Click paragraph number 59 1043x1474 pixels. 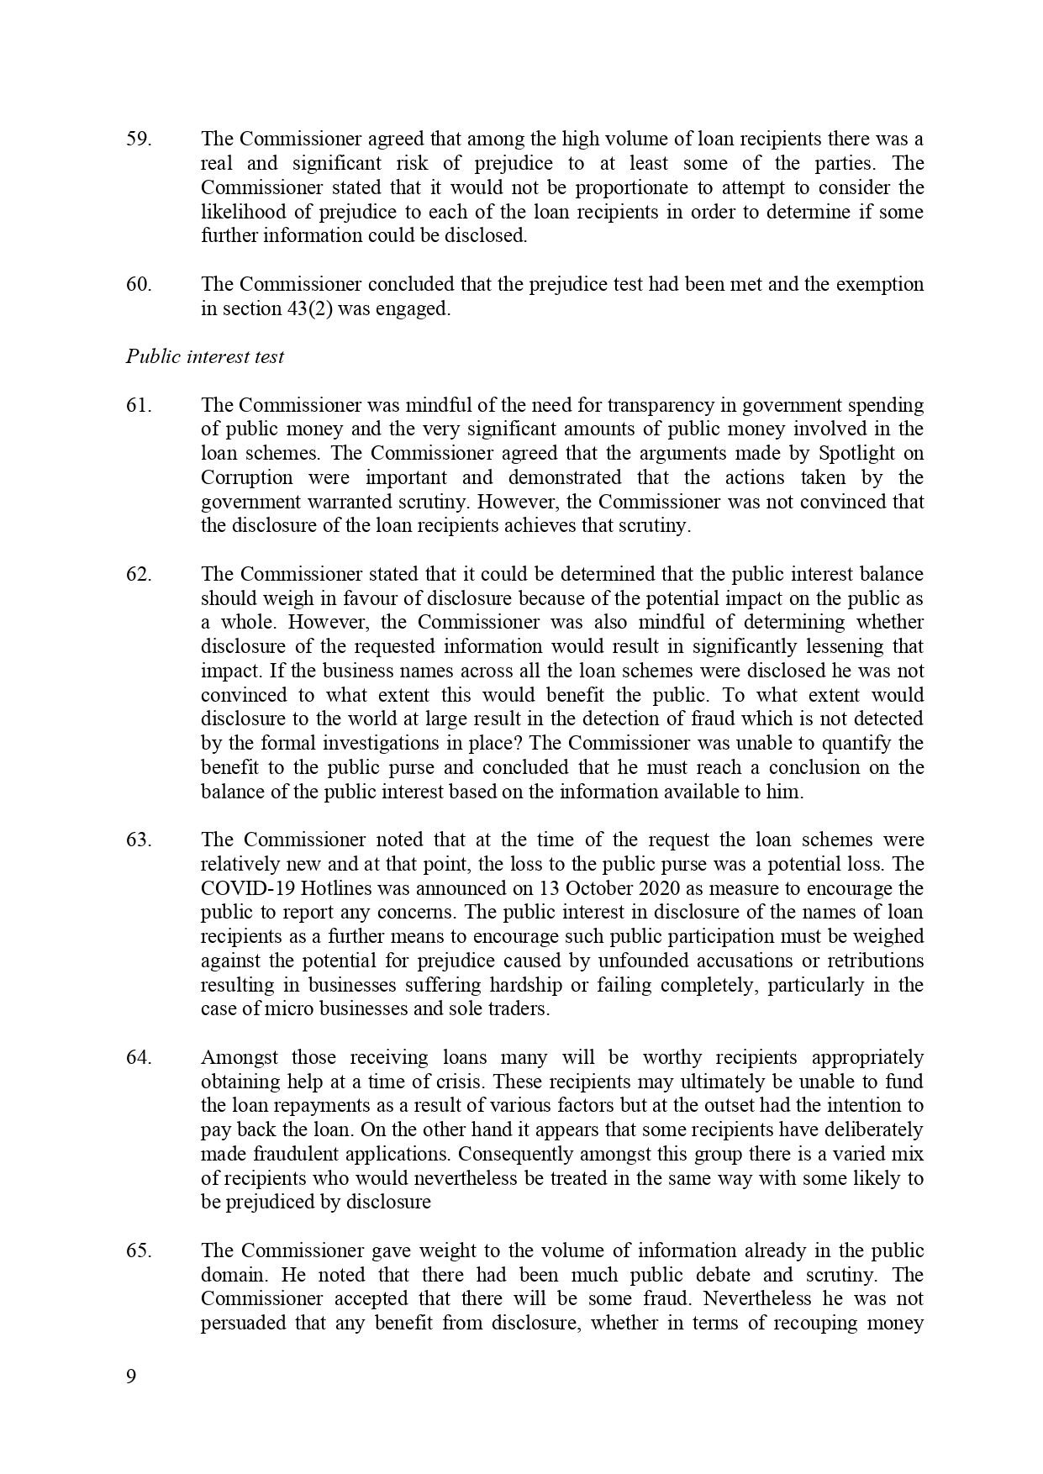[x=139, y=140]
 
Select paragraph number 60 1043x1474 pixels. [x=139, y=285]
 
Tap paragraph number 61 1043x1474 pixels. [x=139, y=406]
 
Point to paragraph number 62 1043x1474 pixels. [x=139, y=575]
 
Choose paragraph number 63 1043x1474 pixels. [x=139, y=840]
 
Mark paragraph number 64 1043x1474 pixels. [x=139, y=1058]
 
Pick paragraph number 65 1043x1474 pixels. [x=139, y=1251]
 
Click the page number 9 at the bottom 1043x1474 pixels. [x=131, y=1377]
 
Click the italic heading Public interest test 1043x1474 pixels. [x=205, y=357]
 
